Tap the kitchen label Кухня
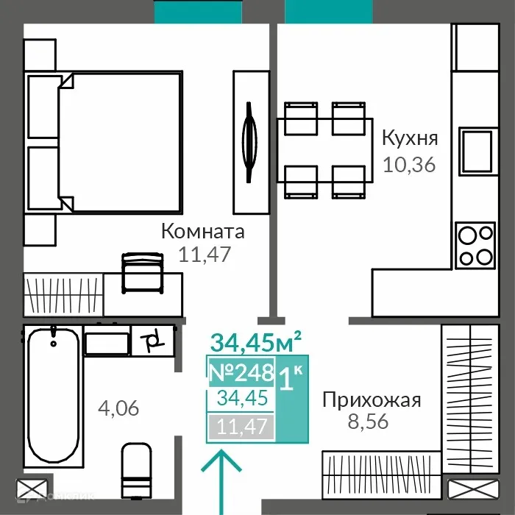410,138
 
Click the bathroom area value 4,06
118,407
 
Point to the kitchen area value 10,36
409,163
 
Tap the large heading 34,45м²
255,342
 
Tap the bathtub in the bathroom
53,394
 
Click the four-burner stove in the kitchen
475,246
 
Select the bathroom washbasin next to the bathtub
107,343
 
